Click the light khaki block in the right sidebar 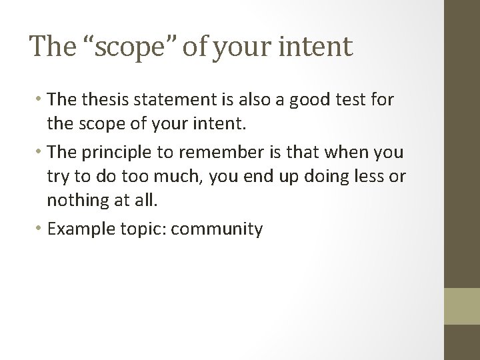tap(461, 305)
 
